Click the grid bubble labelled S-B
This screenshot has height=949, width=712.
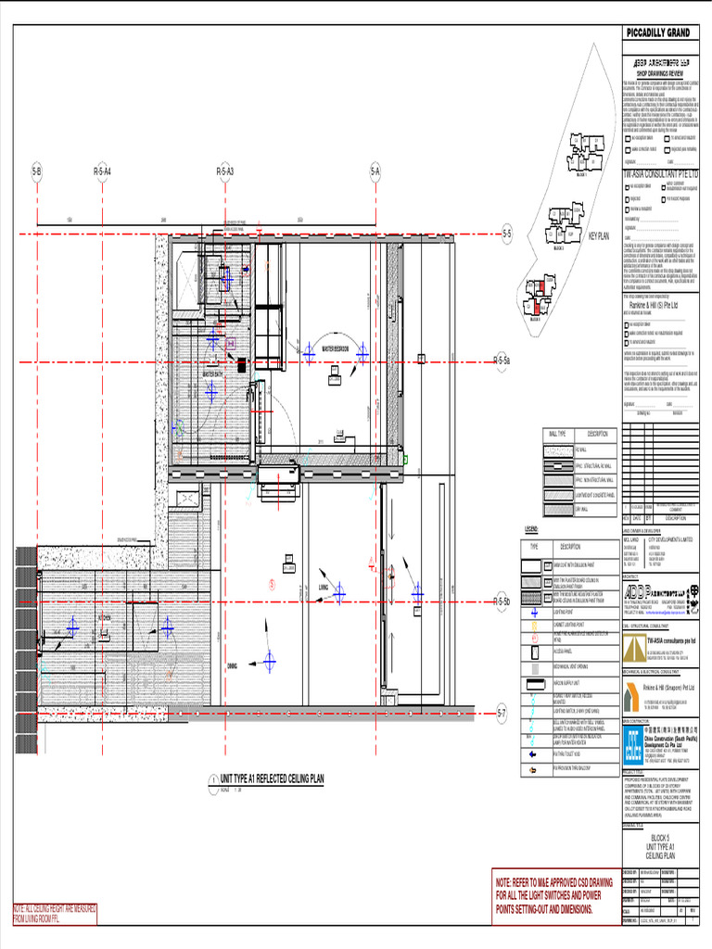[x=37, y=171]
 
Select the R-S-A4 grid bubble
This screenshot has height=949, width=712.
[x=102, y=171]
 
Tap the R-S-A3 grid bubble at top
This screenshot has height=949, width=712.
[x=225, y=171]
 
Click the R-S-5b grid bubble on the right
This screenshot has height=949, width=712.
[x=502, y=601]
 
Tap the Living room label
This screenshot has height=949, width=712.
[x=323, y=587]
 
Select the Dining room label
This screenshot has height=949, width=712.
[x=232, y=665]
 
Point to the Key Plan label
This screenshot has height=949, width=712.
[x=598, y=236]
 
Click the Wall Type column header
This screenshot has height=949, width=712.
[x=558, y=434]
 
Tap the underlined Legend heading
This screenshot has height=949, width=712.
[x=532, y=528]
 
